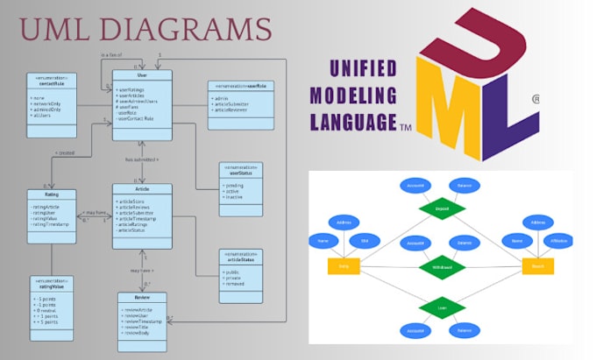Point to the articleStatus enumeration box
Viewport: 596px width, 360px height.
(241, 269)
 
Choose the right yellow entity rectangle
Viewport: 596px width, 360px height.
(537, 265)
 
